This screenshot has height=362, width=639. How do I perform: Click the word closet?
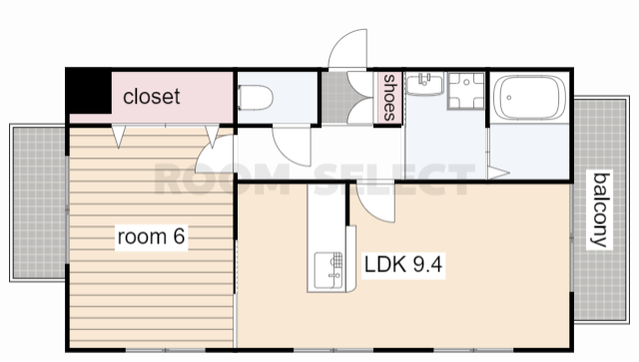pyautogui.click(x=151, y=97)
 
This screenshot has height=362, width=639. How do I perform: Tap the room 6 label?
pyautogui.click(x=151, y=236)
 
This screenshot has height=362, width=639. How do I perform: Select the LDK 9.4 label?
pyautogui.click(x=403, y=264)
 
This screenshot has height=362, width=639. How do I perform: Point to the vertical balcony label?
pyautogui.click(x=601, y=210)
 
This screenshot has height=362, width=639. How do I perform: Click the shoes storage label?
pyautogui.click(x=389, y=98)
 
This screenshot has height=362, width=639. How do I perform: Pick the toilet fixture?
pyautogui.click(x=256, y=98)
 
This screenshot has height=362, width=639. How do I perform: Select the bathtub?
pyautogui.click(x=529, y=98)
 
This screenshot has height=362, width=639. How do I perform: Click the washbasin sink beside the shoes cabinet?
pyautogui.click(x=424, y=84)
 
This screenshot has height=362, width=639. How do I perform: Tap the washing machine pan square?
pyautogui.click(x=466, y=91)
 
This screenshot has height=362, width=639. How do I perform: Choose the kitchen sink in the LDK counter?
pyautogui.click(x=328, y=270)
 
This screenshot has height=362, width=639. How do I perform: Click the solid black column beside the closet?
pyautogui.click(x=89, y=92)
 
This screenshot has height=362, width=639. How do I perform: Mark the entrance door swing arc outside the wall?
pyautogui.click(x=347, y=48)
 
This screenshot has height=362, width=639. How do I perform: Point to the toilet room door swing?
pyautogui.click(x=292, y=147)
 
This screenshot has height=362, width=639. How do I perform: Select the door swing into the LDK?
pyautogui.click(x=376, y=203)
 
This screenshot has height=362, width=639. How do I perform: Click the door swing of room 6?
pyautogui.click(x=215, y=154)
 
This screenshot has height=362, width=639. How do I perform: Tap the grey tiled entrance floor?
pyautogui.click(x=334, y=98)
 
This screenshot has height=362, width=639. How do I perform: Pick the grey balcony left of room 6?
pyautogui.click(x=38, y=202)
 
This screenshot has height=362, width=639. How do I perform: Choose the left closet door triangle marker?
pyautogui.click(x=119, y=137)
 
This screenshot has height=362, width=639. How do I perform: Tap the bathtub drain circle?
pyautogui.click(x=509, y=98)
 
